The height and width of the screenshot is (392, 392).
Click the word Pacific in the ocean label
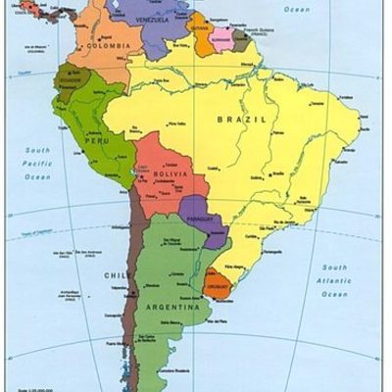(37, 163)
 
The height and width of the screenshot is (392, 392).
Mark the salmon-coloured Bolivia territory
(162, 176)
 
